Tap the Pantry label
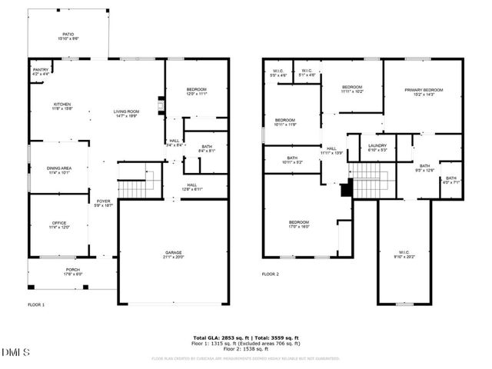pos(41,71)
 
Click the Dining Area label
pos(60,170)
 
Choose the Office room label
pos(59,225)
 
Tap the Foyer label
pos(103,204)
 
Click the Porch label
pos(71,271)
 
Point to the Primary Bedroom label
pos(424,92)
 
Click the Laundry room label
pos(377,148)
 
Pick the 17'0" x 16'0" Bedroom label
pos(299,224)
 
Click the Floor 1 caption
pos(35,305)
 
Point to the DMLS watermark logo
pos(15,352)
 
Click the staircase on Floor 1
pos(133,187)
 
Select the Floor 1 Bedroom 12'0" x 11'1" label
pos(196,92)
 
